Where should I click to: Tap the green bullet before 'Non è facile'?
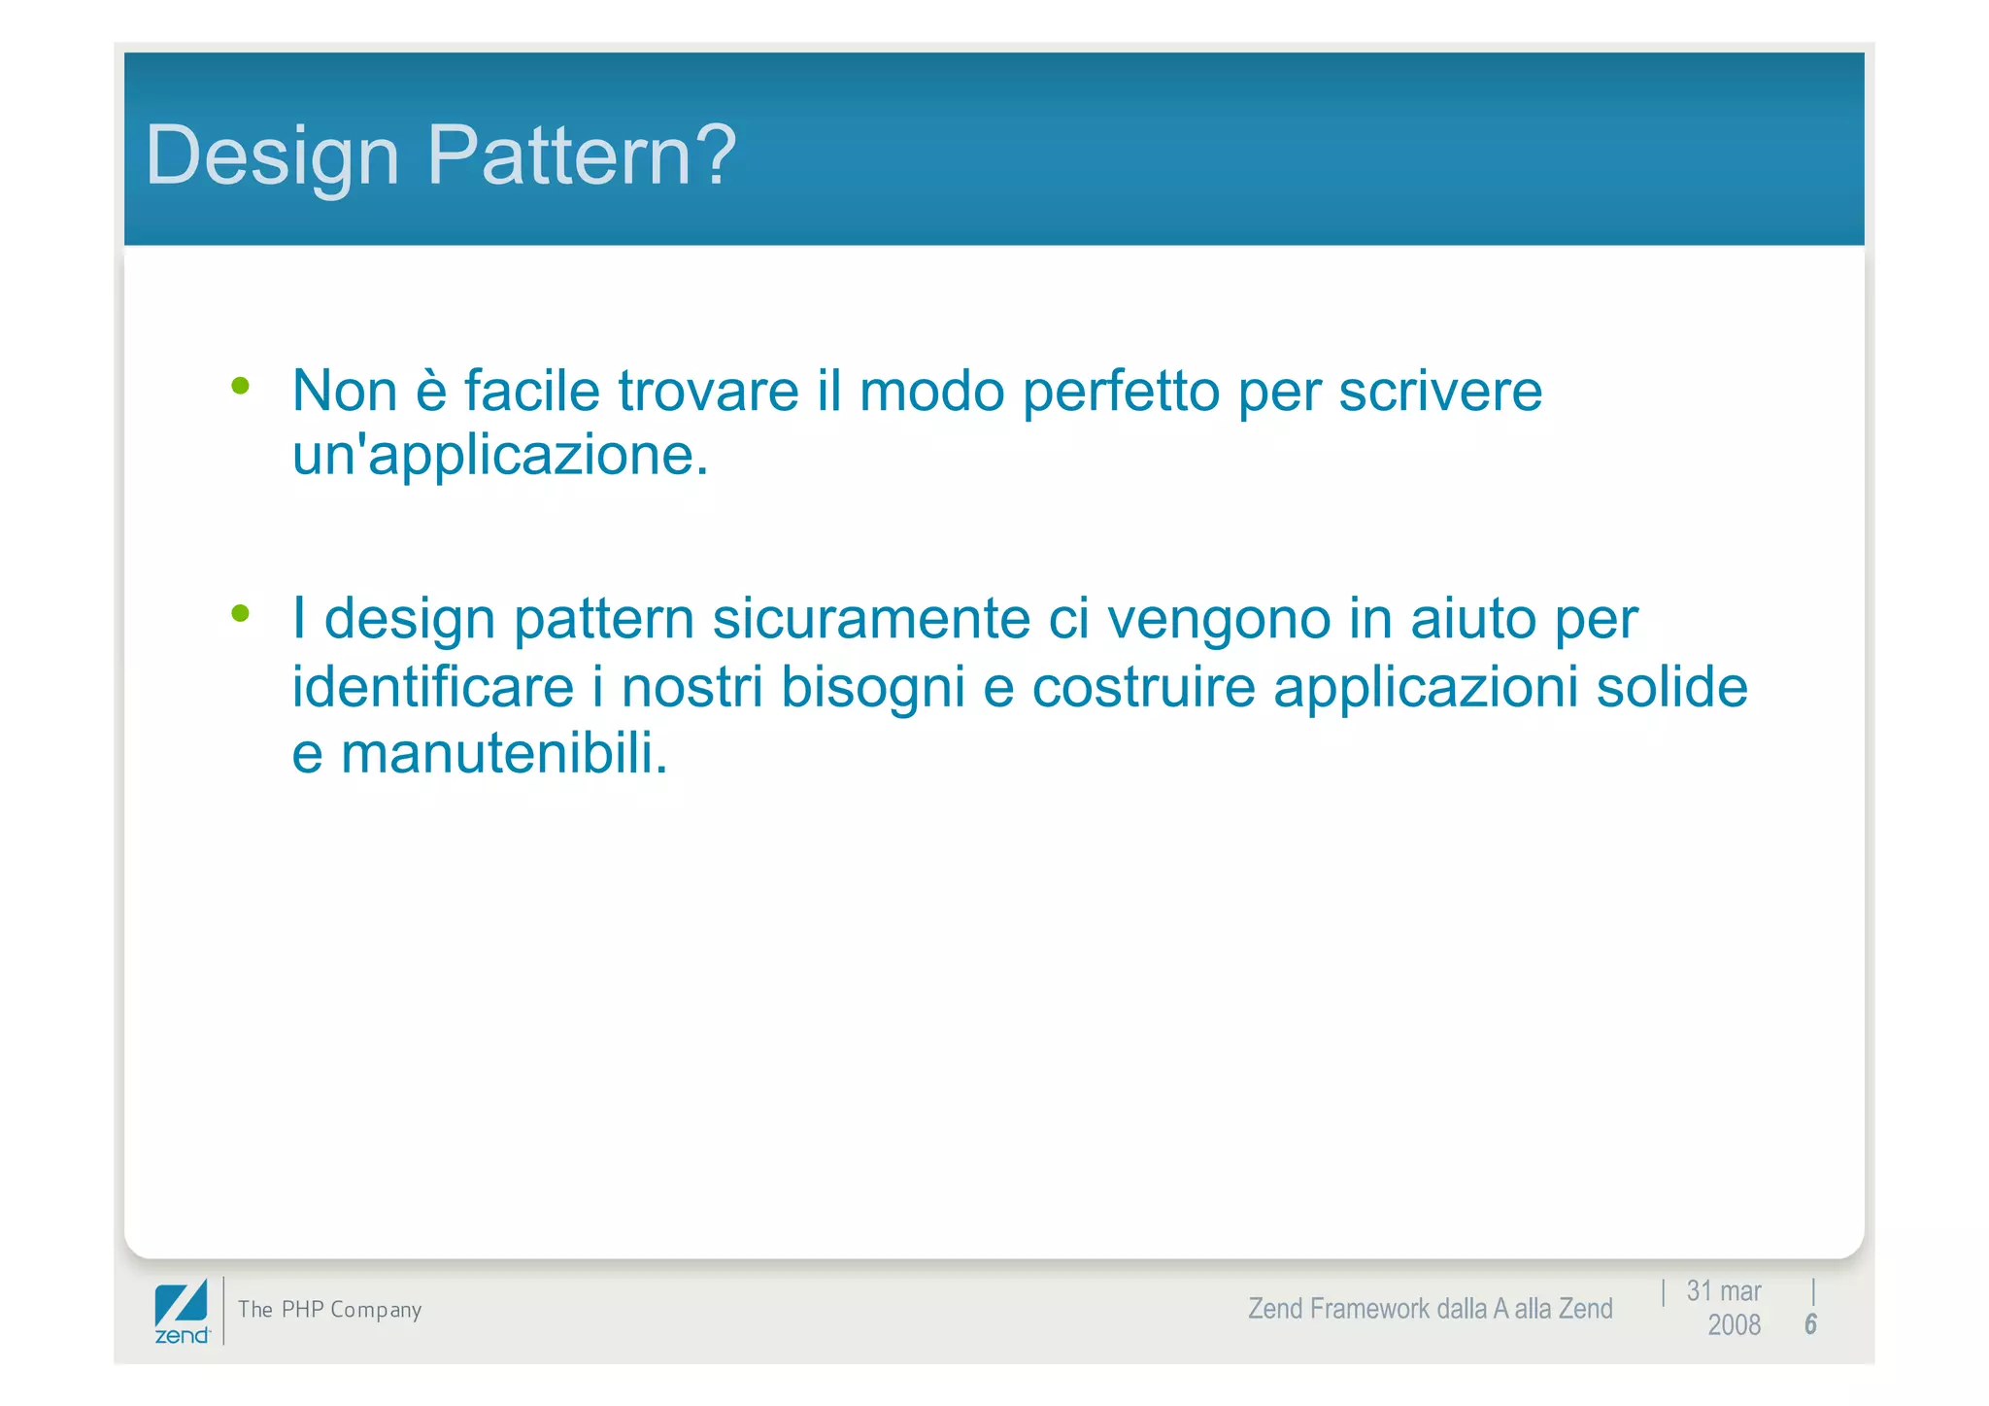240,387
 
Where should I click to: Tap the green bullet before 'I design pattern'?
240,613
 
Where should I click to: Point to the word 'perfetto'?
1121,393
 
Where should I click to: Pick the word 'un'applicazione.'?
500,455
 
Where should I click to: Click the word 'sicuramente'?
871,619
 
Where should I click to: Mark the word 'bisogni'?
872,688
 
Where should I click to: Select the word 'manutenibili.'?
504,753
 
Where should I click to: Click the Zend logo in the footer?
182,1311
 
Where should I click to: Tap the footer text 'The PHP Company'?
329,1310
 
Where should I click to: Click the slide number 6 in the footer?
1810,1324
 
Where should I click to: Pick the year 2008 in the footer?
1734,1325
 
